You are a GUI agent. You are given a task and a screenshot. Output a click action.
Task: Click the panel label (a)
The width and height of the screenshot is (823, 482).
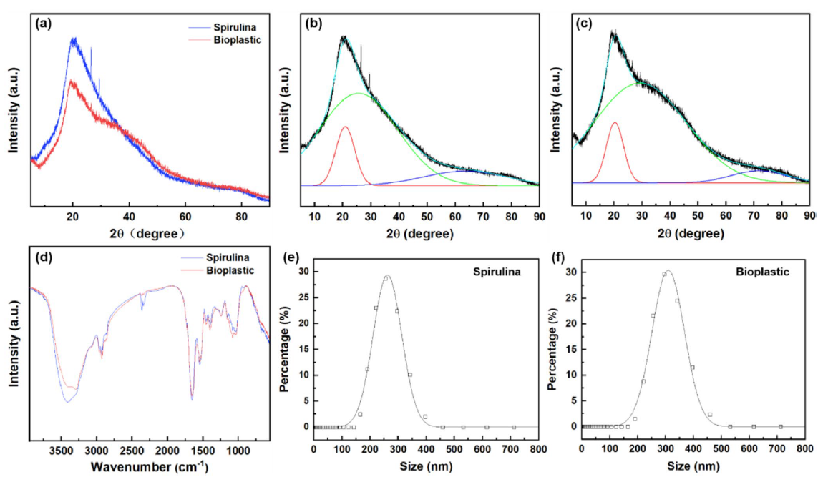click(44, 23)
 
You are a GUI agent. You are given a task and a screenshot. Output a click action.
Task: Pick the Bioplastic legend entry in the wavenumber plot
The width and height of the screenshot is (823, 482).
click(230, 271)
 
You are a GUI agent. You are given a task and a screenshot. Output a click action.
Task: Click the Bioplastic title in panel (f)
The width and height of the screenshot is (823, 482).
click(764, 272)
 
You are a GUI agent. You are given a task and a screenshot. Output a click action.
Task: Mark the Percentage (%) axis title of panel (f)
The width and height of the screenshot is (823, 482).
click(552, 349)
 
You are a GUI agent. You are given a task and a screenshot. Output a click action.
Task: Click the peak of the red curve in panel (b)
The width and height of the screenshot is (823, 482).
click(346, 127)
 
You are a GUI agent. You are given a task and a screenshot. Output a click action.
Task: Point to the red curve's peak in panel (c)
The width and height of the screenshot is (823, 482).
click(614, 122)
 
